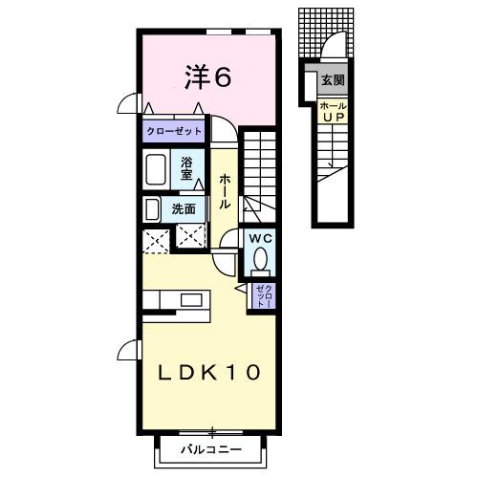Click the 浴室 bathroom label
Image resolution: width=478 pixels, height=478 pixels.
click(x=187, y=168)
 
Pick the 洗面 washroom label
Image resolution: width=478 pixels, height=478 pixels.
click(x=184, y=208)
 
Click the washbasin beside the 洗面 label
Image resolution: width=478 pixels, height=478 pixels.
click(x=152, y=208)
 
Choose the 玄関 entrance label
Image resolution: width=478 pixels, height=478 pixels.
click(x=333, y=80)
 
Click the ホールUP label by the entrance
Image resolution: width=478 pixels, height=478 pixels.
click(x=333, y=111)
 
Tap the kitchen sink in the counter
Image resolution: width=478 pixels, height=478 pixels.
click(x=191, y=300)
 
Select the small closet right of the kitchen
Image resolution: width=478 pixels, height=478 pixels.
click(x=262, y=295)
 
